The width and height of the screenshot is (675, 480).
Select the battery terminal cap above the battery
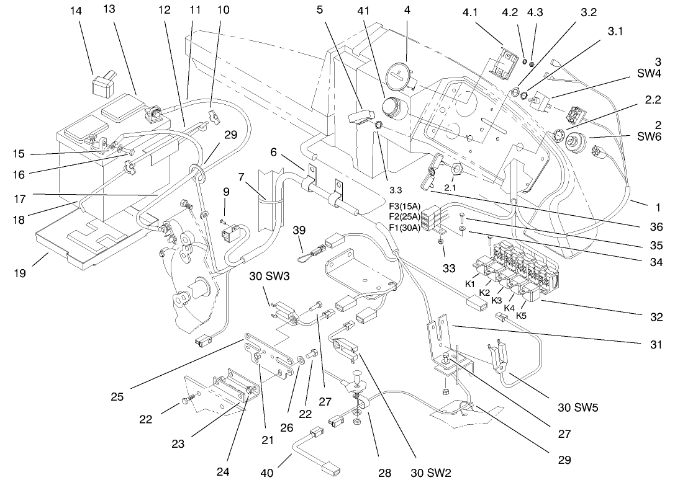coord(103,85)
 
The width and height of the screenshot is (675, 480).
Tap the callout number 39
coord(300,231)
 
